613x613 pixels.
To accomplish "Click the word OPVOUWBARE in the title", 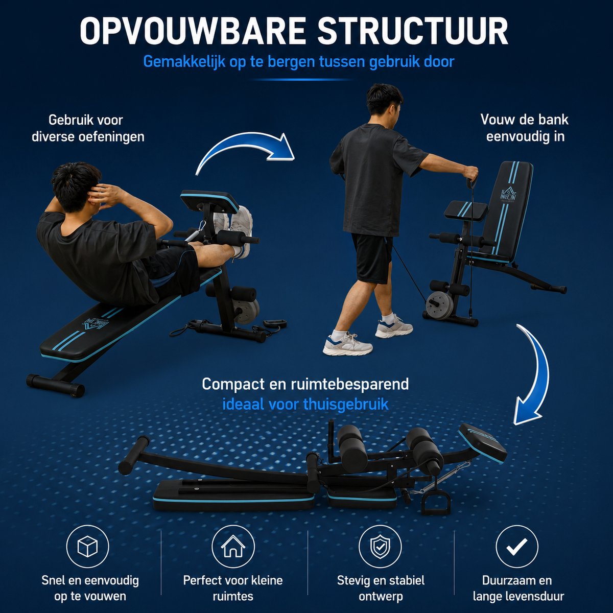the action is pyautogui.click(x=193, y=31).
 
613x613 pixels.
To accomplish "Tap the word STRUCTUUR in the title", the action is pyautogui.click(x=413, y=31).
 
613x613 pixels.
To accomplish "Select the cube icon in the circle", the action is pyautogui.click(x=87, y=547).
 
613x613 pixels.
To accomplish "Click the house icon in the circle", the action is pyautogui.click(x=233, y=547).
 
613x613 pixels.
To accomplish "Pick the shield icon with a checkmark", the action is pyautogui.click(x=380, y=547).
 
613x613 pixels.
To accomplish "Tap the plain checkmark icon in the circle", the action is pyautogui.click(x=517, y=547).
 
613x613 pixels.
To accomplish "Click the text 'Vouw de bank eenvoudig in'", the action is pyautogui.click(x=525, y=128).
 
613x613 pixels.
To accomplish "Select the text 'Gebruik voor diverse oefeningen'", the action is pyautogui.click(x=88, y=129).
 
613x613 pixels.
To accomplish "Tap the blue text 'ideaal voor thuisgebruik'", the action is pyautogui.click(x=305, y=404).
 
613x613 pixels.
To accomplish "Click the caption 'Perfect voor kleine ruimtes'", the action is pyautogui.click(x=233, y=588).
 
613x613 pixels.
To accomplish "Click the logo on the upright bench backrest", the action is pyautogui.click(x=508, y=193).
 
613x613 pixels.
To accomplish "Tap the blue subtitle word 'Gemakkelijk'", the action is pyautogui.click(x=184, y=61).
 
